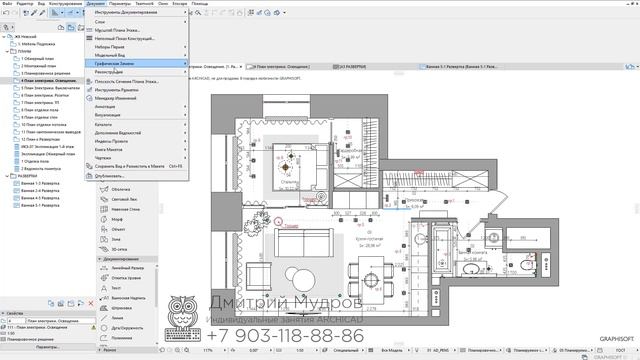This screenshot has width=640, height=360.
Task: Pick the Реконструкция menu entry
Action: click(109, 71)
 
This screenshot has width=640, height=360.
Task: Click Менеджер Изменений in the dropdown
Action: click(116, 98)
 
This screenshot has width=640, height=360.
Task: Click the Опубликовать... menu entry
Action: click(111, 175)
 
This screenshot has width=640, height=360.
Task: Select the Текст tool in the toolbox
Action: click(117, 286)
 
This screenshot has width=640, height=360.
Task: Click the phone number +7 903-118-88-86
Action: click(284, 337)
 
